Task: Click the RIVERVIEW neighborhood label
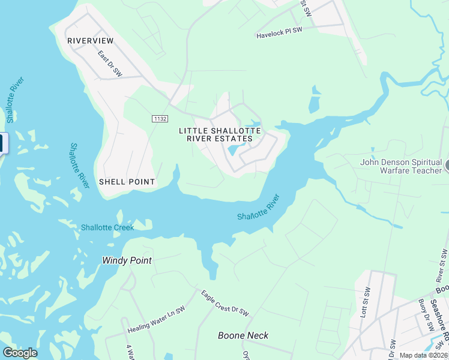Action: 91,40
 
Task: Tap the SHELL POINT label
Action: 127,182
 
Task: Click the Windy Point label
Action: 127,260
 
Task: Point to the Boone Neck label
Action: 243,335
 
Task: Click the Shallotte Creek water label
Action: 108,227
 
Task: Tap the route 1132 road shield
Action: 160,119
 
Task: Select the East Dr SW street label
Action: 110,64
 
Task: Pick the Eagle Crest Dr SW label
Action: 224,304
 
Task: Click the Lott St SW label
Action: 364,301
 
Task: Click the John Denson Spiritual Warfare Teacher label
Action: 402,166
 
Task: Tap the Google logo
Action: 20,353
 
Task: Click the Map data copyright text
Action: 424,355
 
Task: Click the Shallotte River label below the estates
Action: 259,208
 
